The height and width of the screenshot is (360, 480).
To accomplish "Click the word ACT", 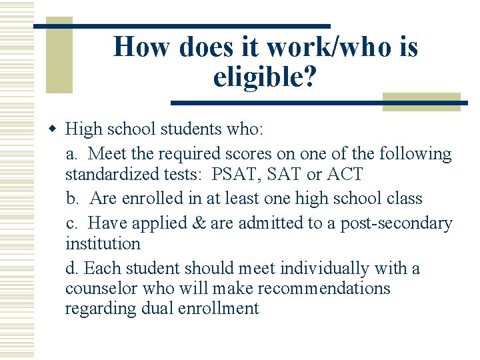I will click(x=345, y=175).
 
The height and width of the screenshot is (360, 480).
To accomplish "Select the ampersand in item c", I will click(x=200, y=223).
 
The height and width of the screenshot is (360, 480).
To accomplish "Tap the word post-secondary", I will click(x=396, y=223).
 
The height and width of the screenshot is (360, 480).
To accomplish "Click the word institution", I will click(x=103, y=243).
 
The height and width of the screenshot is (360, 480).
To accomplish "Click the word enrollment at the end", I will click(x=217, y=308).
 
